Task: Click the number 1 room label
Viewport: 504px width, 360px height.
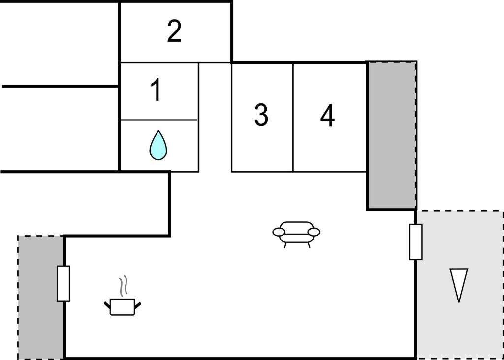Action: coord(156,90)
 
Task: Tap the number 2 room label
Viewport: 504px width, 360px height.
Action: coord(174,31)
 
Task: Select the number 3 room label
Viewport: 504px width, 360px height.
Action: coord(261,115)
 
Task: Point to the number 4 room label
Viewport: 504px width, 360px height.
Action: coord(327,115)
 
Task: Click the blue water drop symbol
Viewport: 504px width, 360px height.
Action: coord(158,145)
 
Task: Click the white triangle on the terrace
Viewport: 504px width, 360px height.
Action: coord(459,283)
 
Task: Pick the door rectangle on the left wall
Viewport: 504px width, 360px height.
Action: coord(63,284)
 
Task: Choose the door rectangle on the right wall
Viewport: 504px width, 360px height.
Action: coord(416,242)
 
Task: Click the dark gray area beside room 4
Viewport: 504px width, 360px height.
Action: coord(392,135)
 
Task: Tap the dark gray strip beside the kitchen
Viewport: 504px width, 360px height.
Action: coord(41,297)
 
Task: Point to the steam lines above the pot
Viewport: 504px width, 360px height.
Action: coord(124,286)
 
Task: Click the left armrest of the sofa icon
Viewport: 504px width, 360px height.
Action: coord(279,232)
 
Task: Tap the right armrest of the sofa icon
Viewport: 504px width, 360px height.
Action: coord(314,232)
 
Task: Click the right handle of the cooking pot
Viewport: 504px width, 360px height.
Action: coord(138,305)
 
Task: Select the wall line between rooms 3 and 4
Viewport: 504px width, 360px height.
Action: coord(293,118)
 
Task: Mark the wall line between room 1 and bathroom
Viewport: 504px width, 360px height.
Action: coord(159,120)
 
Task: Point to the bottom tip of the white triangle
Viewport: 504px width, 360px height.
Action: coord(459,302)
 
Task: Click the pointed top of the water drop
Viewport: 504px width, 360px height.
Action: coord(158,131)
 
